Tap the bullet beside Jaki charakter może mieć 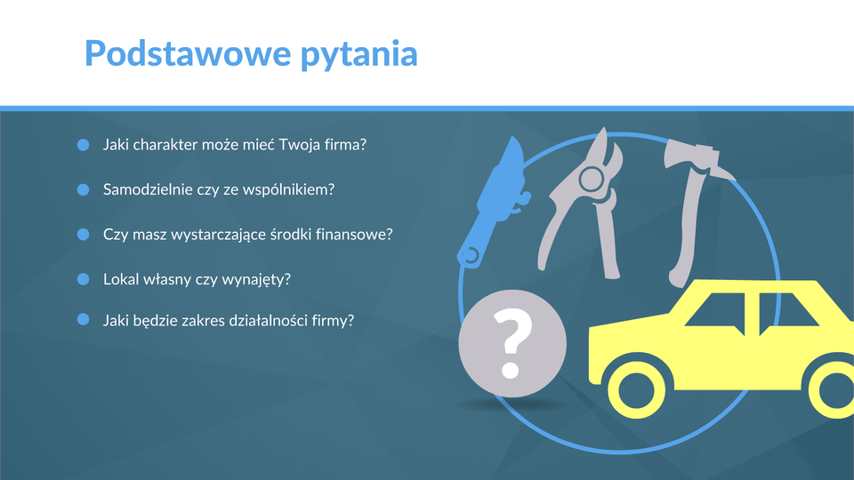pyautogui.click(x=84, y=145)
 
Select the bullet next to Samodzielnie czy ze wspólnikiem pyautogui.click(x=84, y=189)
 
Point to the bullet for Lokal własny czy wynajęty pyautogui.click(x=84, y=279)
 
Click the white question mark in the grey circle pyautogui.click(x=512, y=343)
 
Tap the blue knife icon pyautogui.click(x=493, y=203)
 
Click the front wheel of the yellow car pyautogui.click(x=636, y=390)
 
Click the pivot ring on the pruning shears pyautogui.click(x=591, y=179)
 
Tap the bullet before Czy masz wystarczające pyautogui.click(x=84, y=234)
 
